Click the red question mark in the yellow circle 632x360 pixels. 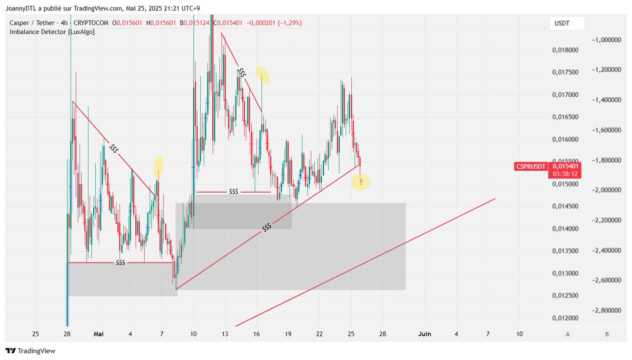click(361, 182)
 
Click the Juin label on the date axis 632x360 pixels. click(424, 334)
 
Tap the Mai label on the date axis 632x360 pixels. click(98, 334)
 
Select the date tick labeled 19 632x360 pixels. click(288, 334)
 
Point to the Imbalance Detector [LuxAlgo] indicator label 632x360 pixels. click(52, 32)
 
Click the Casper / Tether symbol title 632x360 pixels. click(32, 23)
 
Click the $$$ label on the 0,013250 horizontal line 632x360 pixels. click(120, 263)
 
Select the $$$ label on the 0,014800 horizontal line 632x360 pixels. click(234, 192)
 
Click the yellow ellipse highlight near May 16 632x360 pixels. click(262, 75)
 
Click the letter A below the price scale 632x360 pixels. click(567, 334)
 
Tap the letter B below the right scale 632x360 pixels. click(607, 334)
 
